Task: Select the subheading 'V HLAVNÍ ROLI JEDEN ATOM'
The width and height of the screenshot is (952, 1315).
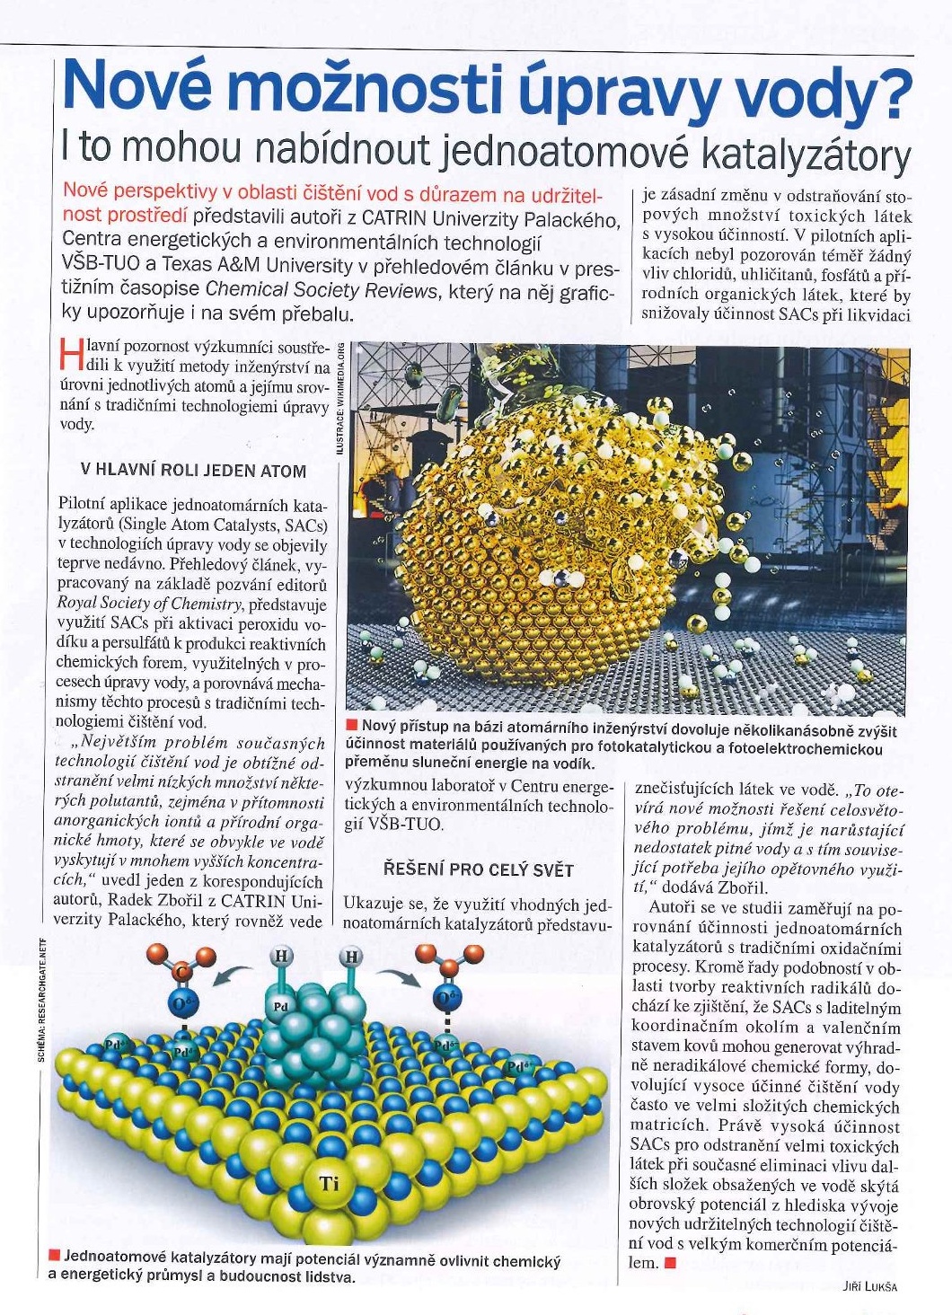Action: click(193, 471)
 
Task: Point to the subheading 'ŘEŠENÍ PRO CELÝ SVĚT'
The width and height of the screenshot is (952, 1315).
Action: click(478, 869)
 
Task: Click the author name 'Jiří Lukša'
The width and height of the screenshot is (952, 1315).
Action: click(870, 1285)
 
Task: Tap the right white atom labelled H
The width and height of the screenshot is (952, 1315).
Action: click(351, 958)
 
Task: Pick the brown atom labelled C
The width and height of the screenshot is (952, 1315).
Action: click(181, 971)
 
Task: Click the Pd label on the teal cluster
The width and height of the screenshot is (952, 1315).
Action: click(280, 1007)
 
